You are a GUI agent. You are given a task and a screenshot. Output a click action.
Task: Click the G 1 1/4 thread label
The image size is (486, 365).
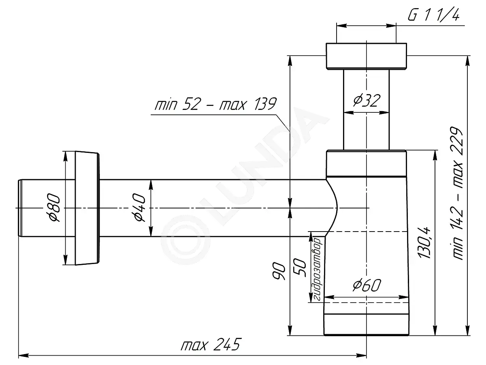(x=433, y=15)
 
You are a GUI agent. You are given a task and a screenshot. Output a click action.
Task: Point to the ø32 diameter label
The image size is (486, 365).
(x=367, y=100)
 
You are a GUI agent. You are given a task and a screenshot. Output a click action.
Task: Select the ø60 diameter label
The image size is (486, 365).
(x=367, y=285)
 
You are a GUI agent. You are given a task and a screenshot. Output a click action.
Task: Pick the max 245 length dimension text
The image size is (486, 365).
(x=210, y=345)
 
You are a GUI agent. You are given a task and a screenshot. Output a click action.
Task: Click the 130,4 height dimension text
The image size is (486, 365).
(x=424, y=243)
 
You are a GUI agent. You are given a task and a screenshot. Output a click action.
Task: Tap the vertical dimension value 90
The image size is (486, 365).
(x=278, y=271)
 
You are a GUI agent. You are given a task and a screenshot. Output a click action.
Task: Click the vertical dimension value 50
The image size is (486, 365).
(x=300, y=268)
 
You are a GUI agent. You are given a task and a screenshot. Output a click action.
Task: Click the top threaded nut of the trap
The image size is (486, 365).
(x=366, y=56)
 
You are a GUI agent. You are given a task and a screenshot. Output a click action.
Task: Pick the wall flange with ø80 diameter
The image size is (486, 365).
(x=87, y=208)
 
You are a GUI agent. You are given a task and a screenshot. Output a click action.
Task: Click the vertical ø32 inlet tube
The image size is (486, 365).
(x=366, y=109)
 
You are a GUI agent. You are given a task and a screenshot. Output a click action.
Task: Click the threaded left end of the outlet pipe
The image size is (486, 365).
(x=20, y=208)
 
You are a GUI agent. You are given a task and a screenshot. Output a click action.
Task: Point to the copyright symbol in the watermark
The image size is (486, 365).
(x=185, y=240)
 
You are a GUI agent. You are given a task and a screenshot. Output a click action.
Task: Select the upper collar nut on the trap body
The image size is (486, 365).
(x=366, y=163)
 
